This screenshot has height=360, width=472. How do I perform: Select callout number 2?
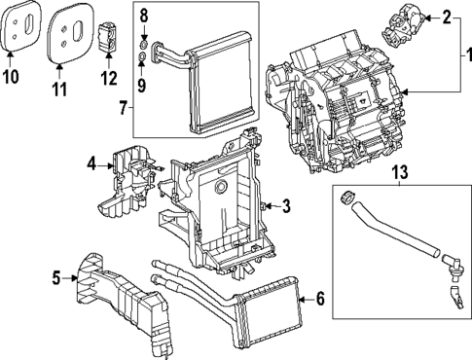pyautogui.click(x=447, y=17)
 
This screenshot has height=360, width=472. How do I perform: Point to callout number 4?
pyautogui.click(x=91, y=165)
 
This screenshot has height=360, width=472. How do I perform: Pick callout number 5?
pyautogui.click(x=56, y=280)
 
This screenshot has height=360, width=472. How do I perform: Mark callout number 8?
pyautogui.click(x=144, y=16)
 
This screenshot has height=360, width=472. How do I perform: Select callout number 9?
pyautogui.click(x=144, y=86)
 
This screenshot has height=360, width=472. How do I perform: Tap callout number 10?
pyautogui.click(x=13, y=75)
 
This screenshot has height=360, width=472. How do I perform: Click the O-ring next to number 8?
pyautogui.click(x=144, y=45)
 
